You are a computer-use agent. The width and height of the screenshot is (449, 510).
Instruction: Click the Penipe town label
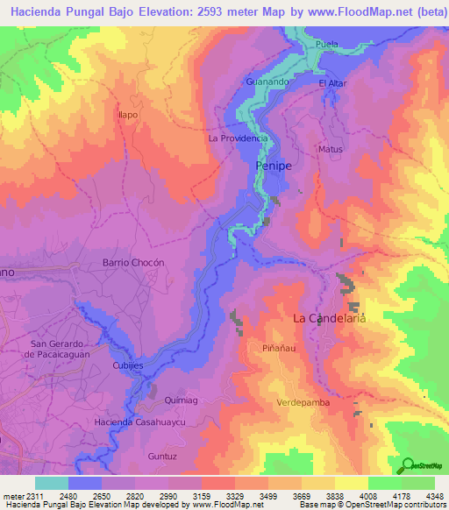point(273,165)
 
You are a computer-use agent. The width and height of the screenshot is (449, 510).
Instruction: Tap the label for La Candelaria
point(327,318)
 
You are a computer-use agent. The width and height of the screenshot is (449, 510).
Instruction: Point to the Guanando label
point(267,81)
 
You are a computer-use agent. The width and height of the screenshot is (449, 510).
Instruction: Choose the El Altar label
point(334,83)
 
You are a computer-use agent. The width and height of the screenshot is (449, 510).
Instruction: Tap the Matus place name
point(331,150)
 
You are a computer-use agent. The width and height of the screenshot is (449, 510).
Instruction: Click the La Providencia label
point(238,138)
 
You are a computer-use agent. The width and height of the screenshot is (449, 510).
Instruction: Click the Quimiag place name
point(182,400)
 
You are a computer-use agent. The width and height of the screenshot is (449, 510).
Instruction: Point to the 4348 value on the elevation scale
point(433,496)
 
